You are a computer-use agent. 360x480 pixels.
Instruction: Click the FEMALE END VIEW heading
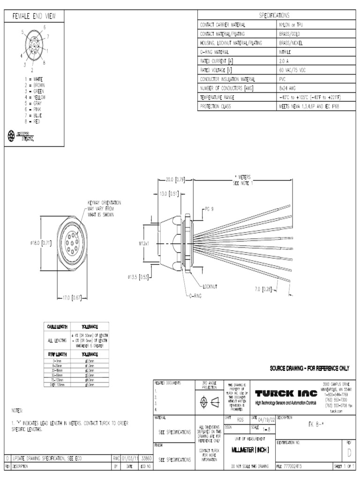tap(34, 16)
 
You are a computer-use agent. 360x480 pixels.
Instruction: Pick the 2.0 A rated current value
tap(284, 61)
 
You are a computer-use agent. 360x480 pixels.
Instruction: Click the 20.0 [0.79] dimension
tap(176, 179)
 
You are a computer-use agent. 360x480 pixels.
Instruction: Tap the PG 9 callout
tap(209, 209)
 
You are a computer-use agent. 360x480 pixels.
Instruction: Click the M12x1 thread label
tap(143, 243)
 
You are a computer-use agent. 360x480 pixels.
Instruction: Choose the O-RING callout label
tap(197, 296)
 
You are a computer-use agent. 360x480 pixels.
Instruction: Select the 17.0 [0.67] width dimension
tap(72, 297)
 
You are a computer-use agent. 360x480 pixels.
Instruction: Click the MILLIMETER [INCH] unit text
tap(250, 449)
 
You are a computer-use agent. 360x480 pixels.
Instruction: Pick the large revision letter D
tap(348, 452)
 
